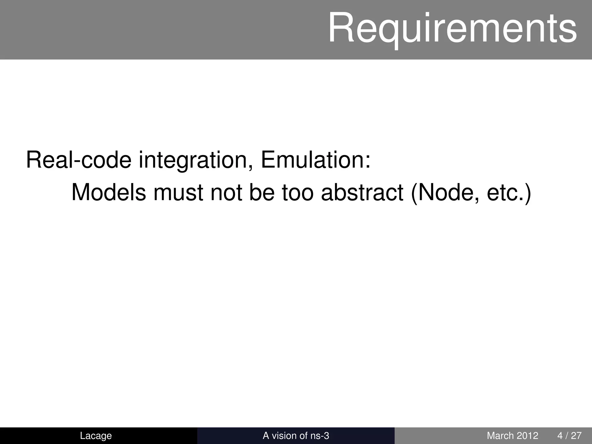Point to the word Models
click(x=108, y=193)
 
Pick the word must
click(x=178, y=193)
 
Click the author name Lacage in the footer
click(x=96, y=436)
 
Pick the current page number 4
click(x=560, y=436)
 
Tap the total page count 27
click(x=576, y=436)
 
